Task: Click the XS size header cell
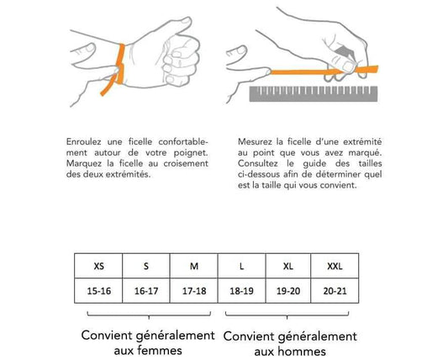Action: pyautogui.click(x=99, y=267)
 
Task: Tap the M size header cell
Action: pyautogui.click(x=194, y=267)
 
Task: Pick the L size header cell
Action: pyautogui.click(x=241, y=267)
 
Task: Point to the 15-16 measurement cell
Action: pyautogui.click(x=99, y=290)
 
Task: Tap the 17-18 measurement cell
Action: pyautogui.click(x=194, y=290)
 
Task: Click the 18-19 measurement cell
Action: pyautogui.click(x=241, y=290)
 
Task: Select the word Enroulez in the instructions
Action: pyautogui.click(x=83, y=141)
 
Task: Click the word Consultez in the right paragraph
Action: pyautogui.click(x=250, y=163)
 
